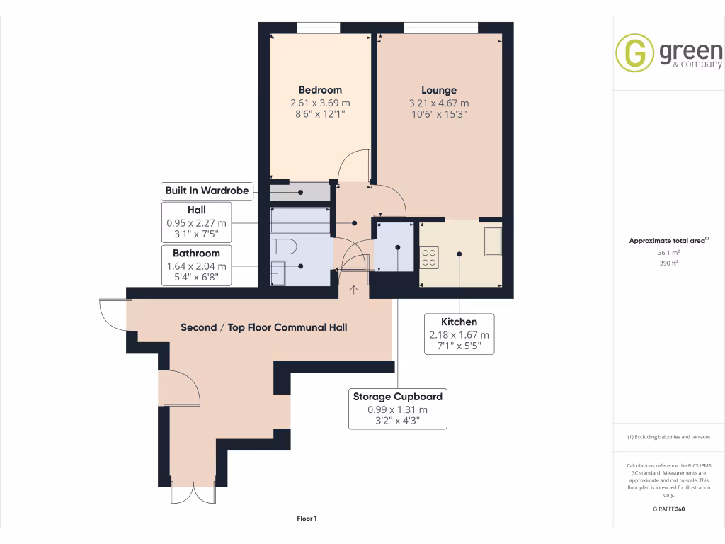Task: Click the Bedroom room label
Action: tap(320, 90)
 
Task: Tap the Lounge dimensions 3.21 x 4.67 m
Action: tap(439, 103)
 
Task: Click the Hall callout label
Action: tap(196, 210)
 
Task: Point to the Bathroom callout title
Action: tap(196, 253)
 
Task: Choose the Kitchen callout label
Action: tap(459, 322)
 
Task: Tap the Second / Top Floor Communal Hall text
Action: tap(263, 327)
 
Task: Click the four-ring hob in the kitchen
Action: tap(430, 256)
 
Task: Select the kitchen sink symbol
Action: tap(493, 241)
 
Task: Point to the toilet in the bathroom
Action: tap(283, 248)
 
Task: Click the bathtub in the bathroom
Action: tap(300, 220)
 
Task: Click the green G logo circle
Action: tap(634, 52)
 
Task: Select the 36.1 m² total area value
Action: tap(670, 252)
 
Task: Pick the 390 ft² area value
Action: tap(670, 263)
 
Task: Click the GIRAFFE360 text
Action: tap(669, 509)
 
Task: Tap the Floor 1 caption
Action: tap(307, 519)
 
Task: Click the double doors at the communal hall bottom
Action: tap(193, 494)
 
